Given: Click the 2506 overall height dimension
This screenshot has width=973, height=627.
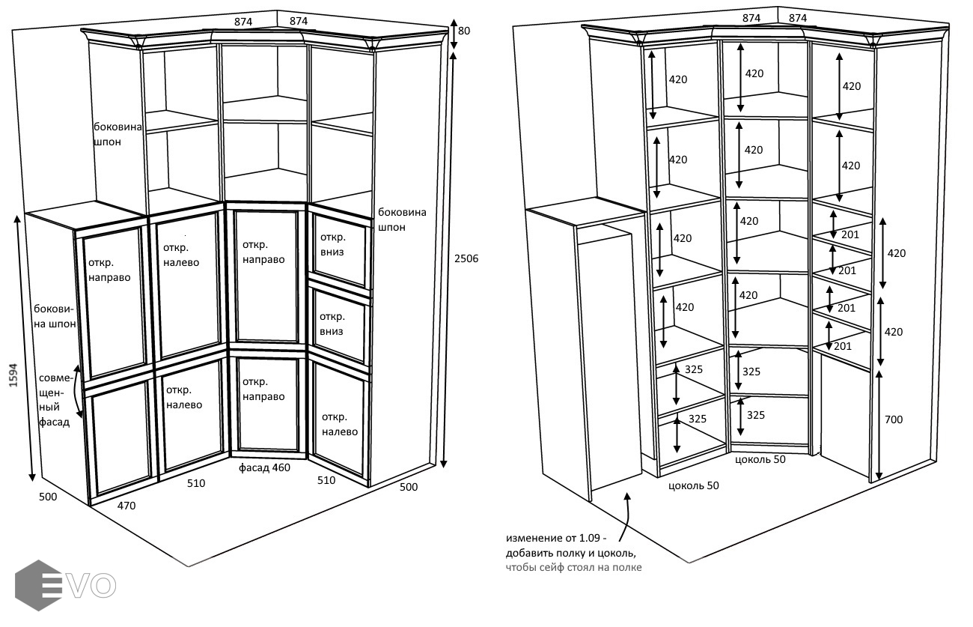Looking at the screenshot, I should click(466, 258).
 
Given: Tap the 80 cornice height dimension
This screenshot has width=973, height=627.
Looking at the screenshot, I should click(464, 31).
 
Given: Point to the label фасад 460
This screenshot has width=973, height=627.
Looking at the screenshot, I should click(264, 468).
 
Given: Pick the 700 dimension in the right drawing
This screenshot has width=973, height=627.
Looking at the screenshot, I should click(893, 419).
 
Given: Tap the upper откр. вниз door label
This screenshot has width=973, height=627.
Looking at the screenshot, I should click(332, 244).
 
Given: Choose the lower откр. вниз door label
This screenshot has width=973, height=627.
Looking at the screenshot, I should click(332, 324).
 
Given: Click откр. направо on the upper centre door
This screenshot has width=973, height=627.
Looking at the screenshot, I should click(263, 251).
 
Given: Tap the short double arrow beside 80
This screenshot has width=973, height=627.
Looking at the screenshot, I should click(452, 34).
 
